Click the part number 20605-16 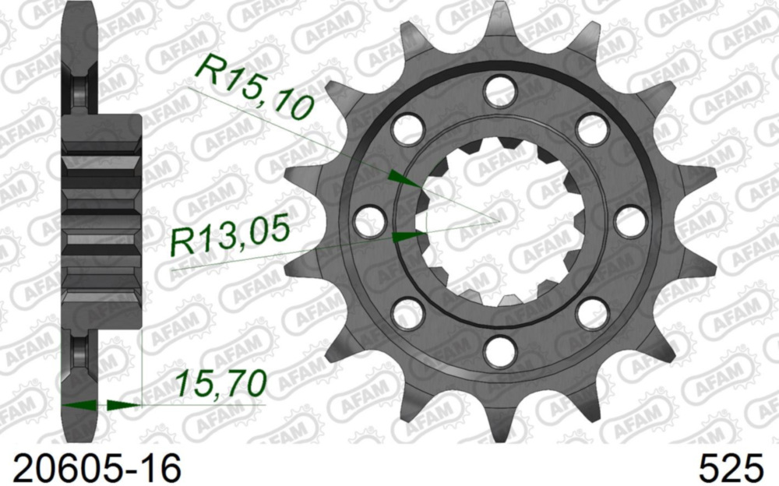pyautogui.click(x=92, y=468)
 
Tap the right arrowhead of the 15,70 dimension pyautogui.click(x=123, y=404)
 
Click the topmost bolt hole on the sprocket pyautogui.click(x=499, y=91)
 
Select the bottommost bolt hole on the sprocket pyautogui.click(x=499, y=351)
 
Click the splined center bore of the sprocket pyautogui.click(x=499, y=221)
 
